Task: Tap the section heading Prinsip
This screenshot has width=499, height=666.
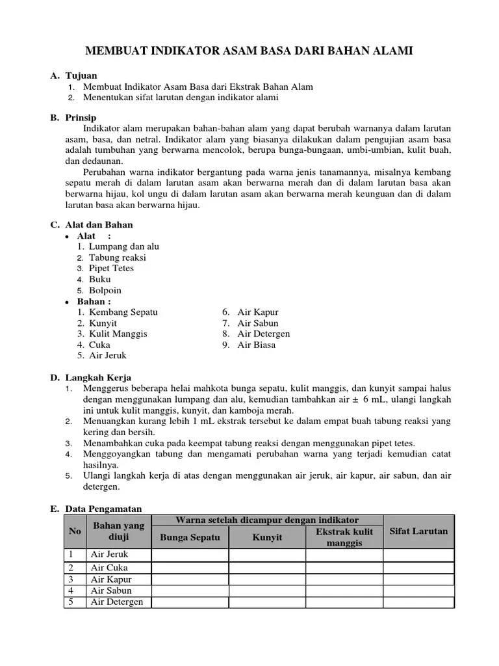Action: click(81, 118)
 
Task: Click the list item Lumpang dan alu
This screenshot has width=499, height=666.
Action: click(123, 246)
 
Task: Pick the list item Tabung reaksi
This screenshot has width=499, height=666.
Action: click(118, 258)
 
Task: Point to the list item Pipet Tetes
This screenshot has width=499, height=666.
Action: click(112, 269)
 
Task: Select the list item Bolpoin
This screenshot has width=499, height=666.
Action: click(105, 291)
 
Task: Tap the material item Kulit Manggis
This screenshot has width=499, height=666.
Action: click(118, 334)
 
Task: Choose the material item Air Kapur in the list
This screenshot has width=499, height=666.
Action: click(257, 312)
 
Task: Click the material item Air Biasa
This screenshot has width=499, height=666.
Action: click(257, 345)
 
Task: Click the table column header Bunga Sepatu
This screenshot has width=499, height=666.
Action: click(190, 538)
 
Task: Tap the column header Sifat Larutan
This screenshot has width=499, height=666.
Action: click(418, 531)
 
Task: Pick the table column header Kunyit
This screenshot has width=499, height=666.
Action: click(267, 538)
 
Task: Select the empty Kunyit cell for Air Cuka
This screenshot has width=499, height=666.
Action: click(267, 568)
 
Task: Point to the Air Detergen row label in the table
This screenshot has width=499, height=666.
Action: click(117, 602)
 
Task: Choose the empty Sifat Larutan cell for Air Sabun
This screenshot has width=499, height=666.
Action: click(418, 591)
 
